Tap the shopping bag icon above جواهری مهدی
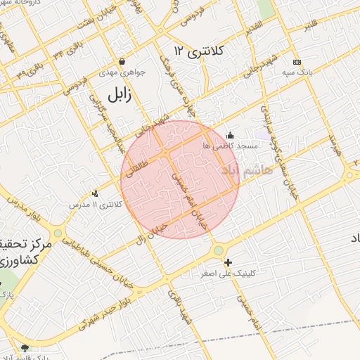(x=122, y=61)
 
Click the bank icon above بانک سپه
(x=296, y=62)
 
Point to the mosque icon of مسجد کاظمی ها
(x=230, y=135)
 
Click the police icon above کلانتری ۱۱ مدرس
(x=96, y=193)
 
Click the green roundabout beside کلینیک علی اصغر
(x=219, y=250)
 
